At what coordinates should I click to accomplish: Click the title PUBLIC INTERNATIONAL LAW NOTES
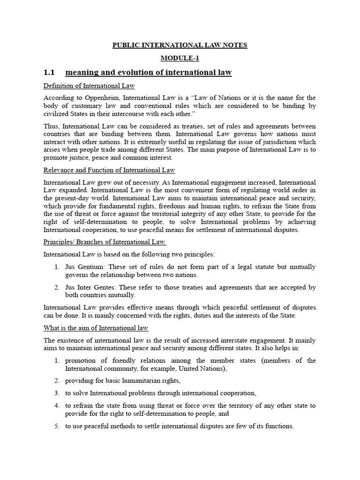click(x=180, y=45)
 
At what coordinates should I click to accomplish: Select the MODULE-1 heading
click(x=180, y=58)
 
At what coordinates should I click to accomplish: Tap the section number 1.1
click(x=49, y=73)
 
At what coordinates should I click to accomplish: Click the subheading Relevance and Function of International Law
click(x=109, y=170)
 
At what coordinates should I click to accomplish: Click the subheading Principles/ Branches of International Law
click(x=104, y=242)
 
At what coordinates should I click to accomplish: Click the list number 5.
click(x=56, y=426)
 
